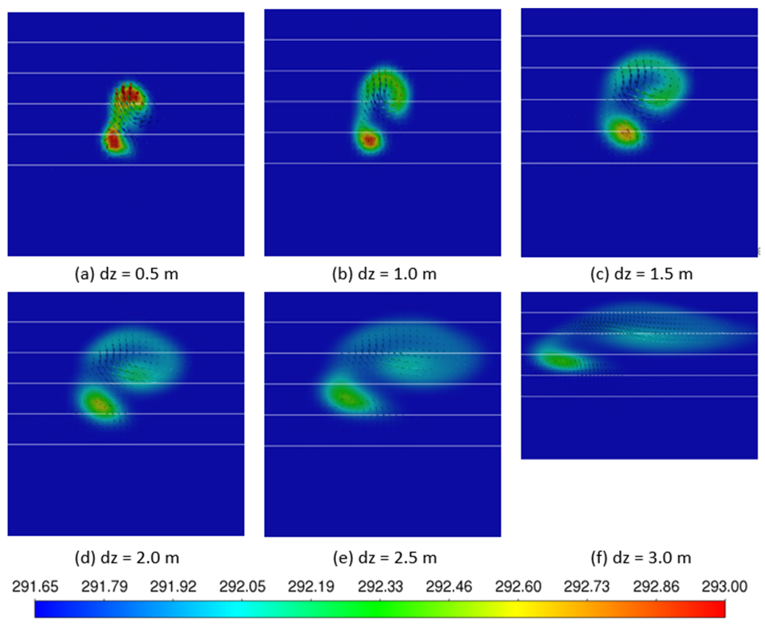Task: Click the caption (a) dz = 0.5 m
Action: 126,274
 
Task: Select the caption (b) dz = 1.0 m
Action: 384,274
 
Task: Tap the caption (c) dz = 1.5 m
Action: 641,274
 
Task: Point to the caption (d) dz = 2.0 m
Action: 127,558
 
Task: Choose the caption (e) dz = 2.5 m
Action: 384,558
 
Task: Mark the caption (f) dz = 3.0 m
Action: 641,558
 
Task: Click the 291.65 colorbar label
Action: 35,587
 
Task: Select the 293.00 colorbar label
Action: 724,587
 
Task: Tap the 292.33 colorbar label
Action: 380,587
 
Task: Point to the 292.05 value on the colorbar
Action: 242,587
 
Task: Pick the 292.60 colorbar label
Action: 518,587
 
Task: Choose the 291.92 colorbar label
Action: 173,587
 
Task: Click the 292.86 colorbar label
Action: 656,587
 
